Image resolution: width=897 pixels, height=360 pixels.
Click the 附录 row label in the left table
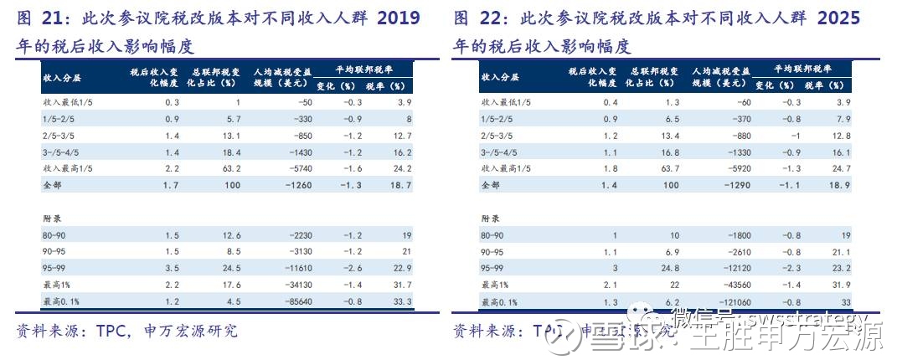point(51,217)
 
